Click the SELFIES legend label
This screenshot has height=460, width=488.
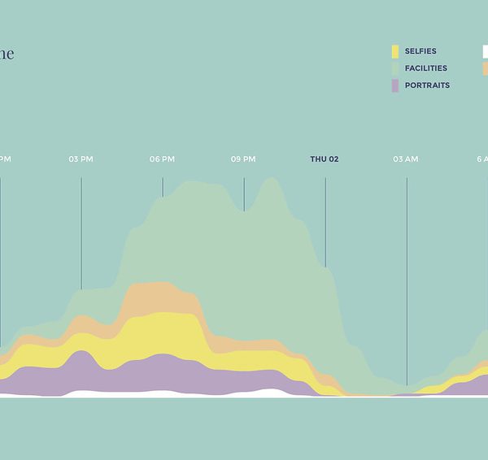coord(420,51)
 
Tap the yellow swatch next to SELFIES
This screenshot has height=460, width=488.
coord(395,51)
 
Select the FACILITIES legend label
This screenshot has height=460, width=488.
coord(426,68)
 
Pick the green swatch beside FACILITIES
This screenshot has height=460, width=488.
coord(395,68)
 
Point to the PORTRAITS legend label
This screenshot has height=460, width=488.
coord(427,85)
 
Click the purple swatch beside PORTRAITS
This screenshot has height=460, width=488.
coord(395,85)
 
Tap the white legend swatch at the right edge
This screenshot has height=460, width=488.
coord(486,51)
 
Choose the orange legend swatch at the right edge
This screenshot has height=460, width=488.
coord(486,68)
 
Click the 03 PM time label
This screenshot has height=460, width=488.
coord(81,159)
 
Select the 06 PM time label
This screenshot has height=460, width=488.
coord(162,159)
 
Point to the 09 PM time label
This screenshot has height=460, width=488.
coord(243,159)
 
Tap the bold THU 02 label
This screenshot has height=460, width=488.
coord(325,159)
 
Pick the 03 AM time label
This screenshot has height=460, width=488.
coord(406,159)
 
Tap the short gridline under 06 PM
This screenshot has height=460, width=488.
coord(163,187)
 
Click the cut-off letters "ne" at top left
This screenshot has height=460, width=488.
coord(7,54)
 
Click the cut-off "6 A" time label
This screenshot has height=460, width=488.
coord(482,159)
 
